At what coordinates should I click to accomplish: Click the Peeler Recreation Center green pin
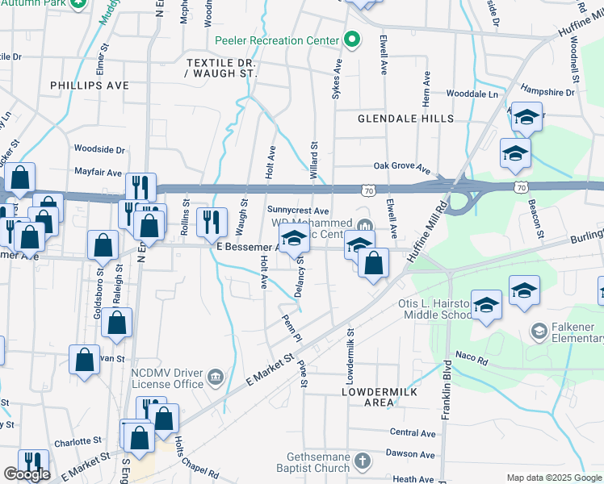(x=351, y=40)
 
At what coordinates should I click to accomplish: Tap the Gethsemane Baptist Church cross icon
(x=363, y=461)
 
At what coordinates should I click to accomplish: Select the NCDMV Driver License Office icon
(x=216, y=376)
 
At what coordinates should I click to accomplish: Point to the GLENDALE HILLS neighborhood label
(x=406, y=119)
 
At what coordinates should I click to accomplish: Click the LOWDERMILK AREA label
(x=378, y=395)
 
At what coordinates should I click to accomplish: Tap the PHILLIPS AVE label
(x=89, y=85)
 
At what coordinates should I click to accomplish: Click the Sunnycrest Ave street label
(x=298, y=210)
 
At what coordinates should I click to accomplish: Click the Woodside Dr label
(x=99, y=149)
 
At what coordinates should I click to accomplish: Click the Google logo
(x=27, y=474)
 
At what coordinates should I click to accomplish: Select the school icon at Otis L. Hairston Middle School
(x=486, y=305)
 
